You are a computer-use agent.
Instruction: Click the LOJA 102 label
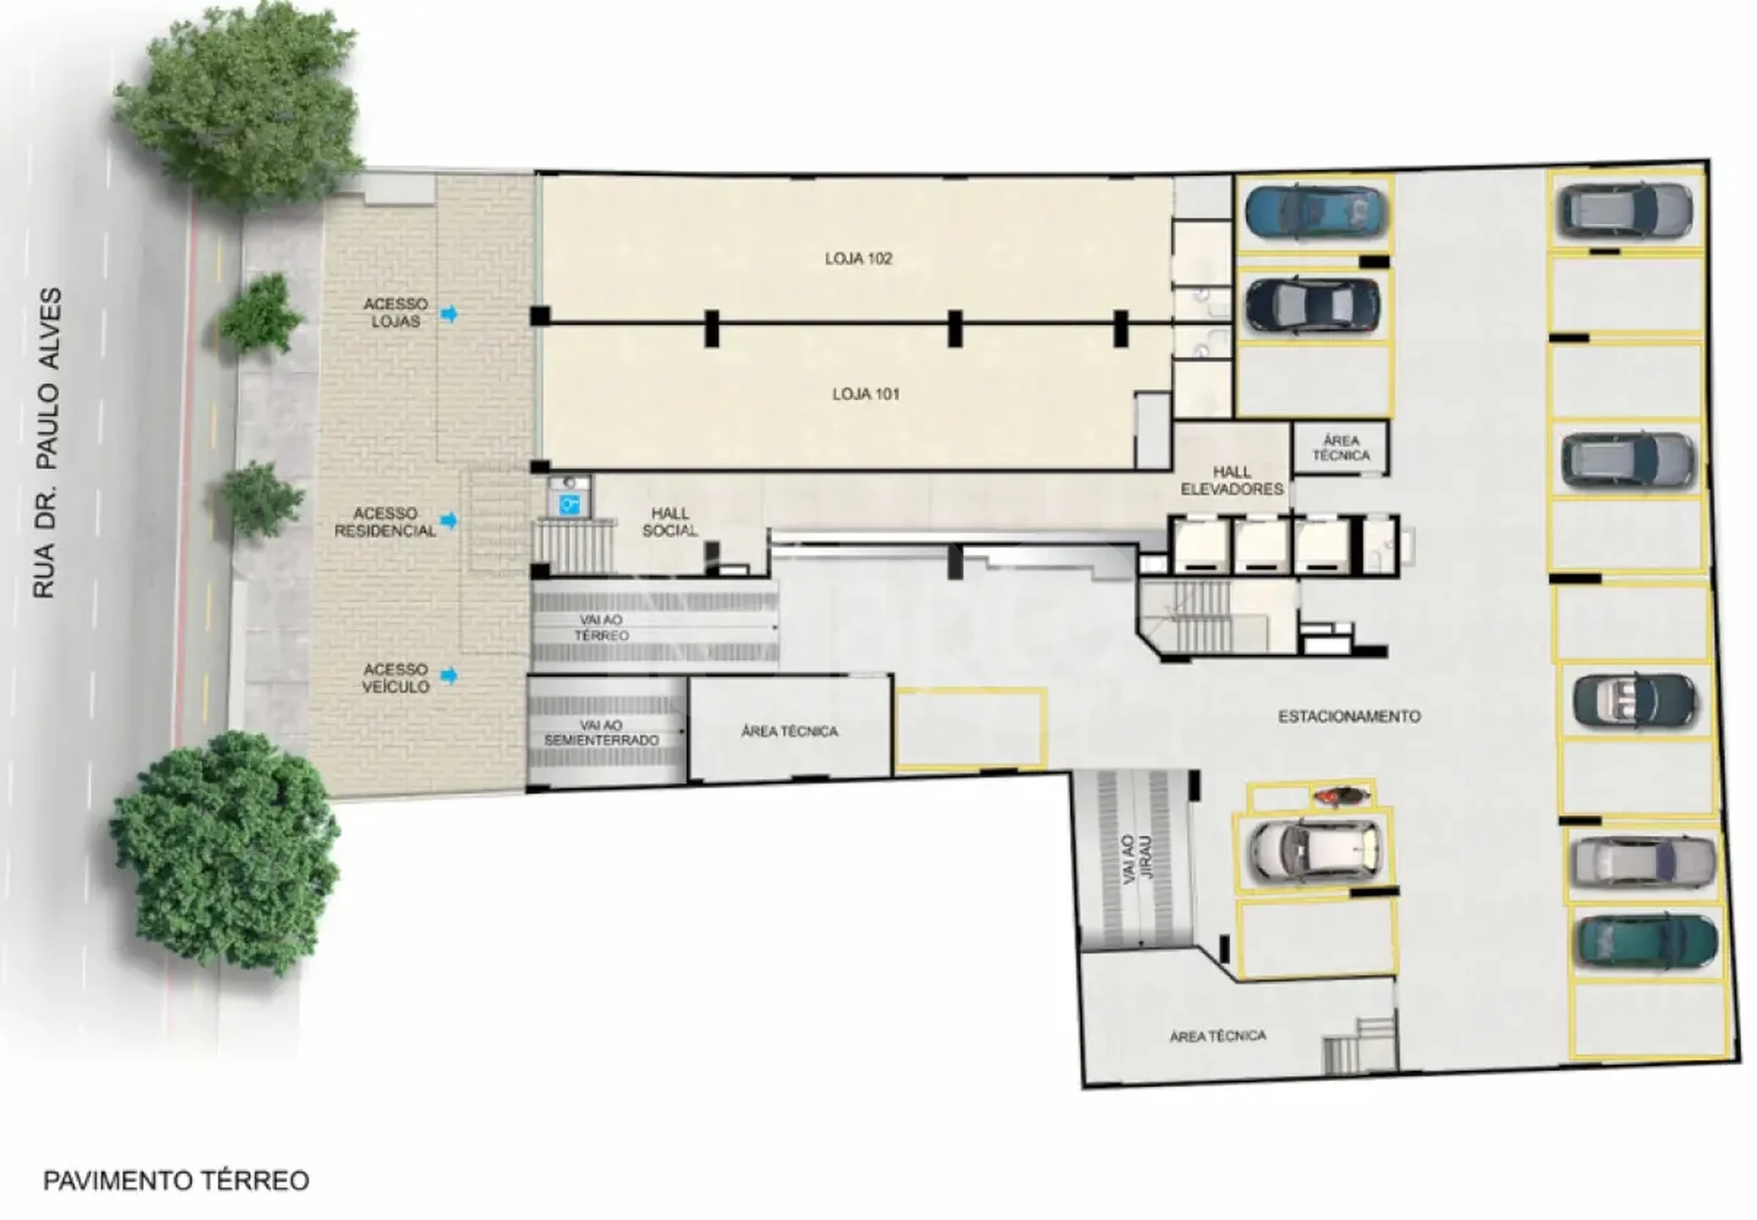[858, 258]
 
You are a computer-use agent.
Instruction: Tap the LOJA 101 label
[865, 394]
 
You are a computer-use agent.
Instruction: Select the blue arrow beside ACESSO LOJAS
[449, 313]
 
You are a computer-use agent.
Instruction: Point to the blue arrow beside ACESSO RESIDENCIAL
[449, 520]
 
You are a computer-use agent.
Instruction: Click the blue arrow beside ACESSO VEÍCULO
[449, 675]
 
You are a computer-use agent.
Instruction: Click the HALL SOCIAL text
[669, 522]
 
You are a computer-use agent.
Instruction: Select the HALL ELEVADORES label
[1232, 480]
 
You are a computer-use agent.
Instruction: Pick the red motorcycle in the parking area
[1340, 796]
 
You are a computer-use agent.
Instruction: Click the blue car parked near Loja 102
[1316, 212]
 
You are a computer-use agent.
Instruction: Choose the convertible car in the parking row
[1634, 700]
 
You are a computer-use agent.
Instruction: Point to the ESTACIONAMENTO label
[1349, 717]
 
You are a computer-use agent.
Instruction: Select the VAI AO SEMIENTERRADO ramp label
[601, 733]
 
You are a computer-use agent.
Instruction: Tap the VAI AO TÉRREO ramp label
[601, 628]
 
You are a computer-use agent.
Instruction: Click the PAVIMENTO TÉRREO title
[176, 1180]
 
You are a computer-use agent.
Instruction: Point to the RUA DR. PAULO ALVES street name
[47, 443]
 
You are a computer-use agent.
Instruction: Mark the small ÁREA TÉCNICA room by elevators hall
[1340, 448]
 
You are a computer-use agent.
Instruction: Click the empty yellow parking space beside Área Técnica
[971, 729]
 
